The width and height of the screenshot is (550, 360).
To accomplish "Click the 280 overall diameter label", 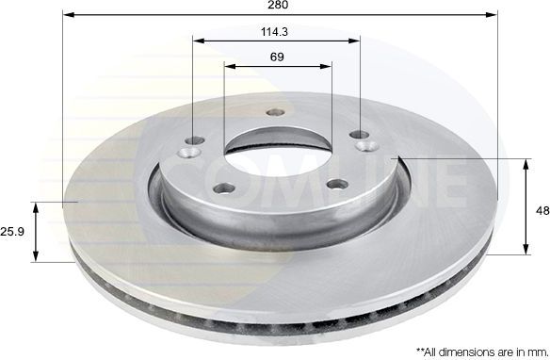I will (x=278, y=7).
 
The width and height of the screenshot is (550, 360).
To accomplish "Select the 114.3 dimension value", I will (x=276, y=31).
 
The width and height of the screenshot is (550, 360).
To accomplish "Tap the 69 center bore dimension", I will (x=277, y=57).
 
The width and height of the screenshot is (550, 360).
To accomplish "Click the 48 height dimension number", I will (x=542, y=211).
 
